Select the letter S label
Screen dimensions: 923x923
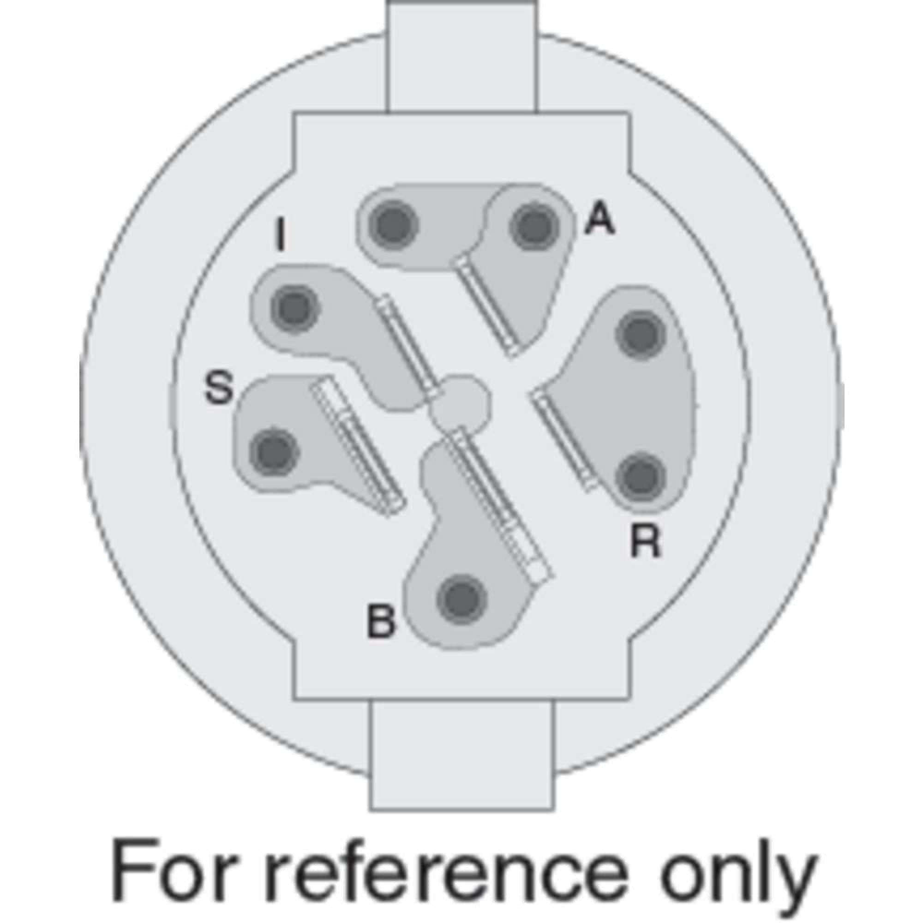click(x=219, y=388)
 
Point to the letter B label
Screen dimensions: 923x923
click(x=381, y=621)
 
